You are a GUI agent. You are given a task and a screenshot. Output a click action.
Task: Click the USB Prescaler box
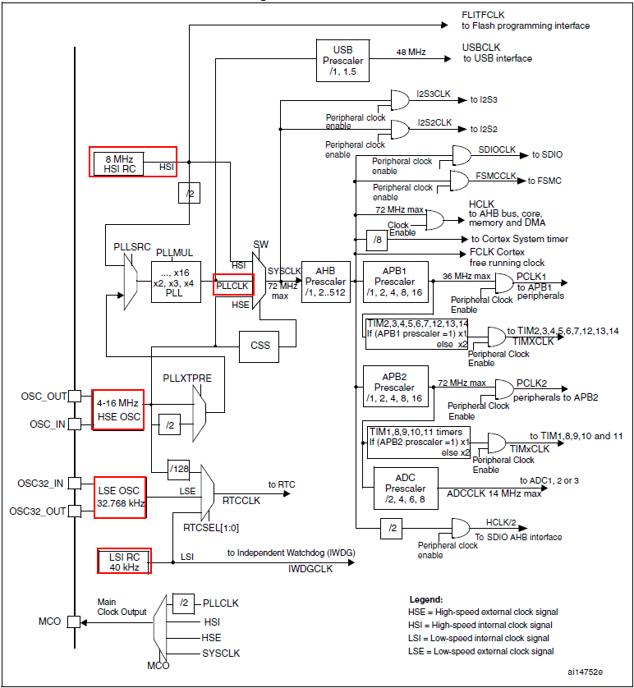(x=342, y=60)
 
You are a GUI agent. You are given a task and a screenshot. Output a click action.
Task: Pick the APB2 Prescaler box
(x=395, y=386)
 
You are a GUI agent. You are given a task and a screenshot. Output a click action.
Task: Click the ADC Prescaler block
(x=404, y=488)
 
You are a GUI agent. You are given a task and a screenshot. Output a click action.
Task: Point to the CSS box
(x=260, y=346)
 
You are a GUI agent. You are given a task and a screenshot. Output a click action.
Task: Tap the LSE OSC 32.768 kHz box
(x=120, y=498)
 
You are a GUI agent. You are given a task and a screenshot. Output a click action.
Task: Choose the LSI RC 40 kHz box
(x=123, y=562)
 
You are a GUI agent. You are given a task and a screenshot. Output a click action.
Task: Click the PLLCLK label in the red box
(x=233, y=284)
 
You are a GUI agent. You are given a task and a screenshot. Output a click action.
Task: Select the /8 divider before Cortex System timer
(x=376, y=239)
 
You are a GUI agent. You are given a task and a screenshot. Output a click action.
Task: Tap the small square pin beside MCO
(x=74, y=621)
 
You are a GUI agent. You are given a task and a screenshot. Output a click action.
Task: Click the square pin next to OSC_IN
(x=74, y=424)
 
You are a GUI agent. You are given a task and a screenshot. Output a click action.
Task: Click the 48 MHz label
(x=411, y=52)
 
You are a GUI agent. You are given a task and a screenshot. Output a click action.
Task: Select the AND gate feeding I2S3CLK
(x=400, y=100)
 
